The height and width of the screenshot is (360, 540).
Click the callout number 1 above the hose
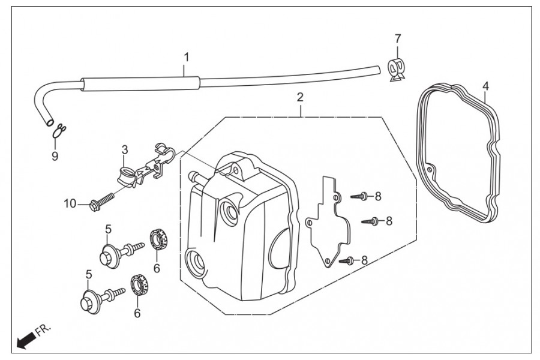[x=187, y=57]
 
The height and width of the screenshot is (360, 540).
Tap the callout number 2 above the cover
[x=300, y=97]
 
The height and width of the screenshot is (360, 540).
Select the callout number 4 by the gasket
[x=485, y=86]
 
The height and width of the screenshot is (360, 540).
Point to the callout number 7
[x=398, y=38]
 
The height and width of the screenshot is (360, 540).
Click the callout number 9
[x=55, y=156]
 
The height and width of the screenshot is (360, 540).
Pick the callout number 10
[x=70, y=203]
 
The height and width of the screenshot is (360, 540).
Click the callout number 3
[x=124, y=150]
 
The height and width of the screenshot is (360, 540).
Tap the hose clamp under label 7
[x=397, y=70]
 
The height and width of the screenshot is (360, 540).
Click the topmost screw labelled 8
[x=359, y=196]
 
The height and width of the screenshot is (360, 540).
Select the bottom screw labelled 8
[x=347, y=260]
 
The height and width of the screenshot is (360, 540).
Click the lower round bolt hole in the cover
[x=196, y=263]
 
